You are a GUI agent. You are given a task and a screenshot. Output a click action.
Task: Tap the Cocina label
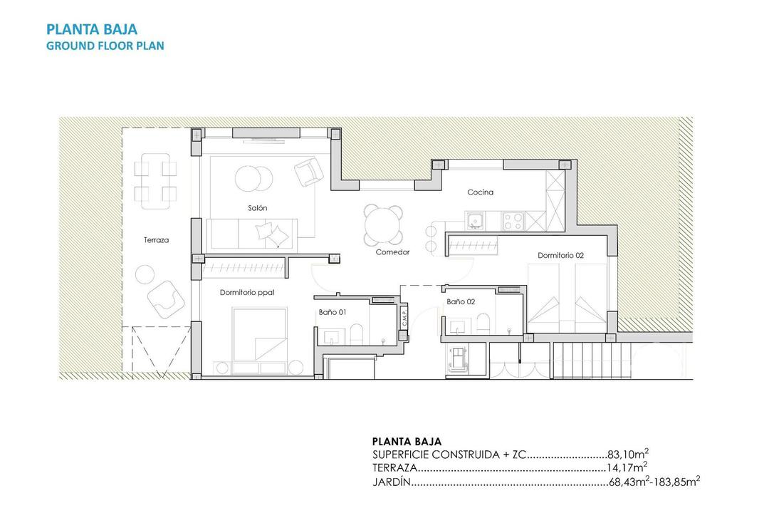click(480, 192)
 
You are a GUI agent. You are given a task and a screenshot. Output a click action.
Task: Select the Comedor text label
click(392, 252)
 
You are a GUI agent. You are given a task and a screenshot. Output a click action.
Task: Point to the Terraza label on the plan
click(156, 240)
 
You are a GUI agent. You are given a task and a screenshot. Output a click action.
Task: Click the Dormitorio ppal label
click(247, 292)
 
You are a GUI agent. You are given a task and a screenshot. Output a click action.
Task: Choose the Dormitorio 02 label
click(560, 255)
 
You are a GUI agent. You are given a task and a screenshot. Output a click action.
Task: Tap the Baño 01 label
click(332, 311)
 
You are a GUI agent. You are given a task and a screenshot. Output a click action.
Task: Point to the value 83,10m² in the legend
click(628, 454)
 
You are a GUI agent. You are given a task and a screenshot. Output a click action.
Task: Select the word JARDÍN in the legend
click(392, 483)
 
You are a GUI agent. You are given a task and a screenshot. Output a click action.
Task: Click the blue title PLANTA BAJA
click(92, 29)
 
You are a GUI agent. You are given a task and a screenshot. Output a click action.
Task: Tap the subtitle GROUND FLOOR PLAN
click(105, 46)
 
